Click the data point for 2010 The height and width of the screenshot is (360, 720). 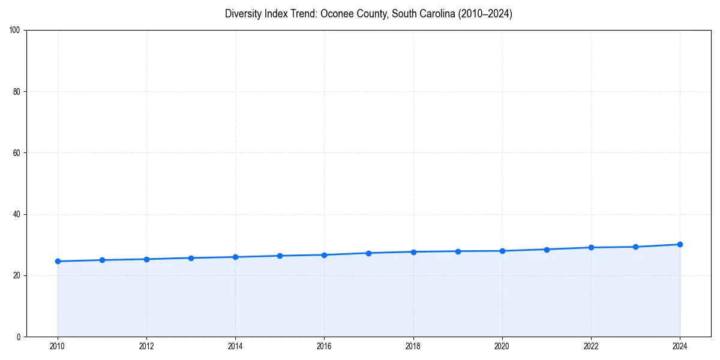click(x=58, y=261)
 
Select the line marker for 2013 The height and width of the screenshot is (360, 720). click(x=191, y=258)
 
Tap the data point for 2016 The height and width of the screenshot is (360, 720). click(x=324, y=255)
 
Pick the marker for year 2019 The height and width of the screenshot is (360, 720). click(x=458, y=251)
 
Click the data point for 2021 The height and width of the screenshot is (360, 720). click(x=547, y=250)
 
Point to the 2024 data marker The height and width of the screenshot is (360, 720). click(x=680, y=244)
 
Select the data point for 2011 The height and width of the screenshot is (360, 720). click(x=102, y=260)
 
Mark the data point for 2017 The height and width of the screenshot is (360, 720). click(x=368, y=253)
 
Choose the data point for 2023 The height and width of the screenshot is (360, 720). click(x=635, y=247)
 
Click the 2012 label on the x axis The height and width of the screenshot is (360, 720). click(x=146, y=346)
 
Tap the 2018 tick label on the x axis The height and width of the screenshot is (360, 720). click(x=413, y=346)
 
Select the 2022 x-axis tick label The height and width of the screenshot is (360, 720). click(x=591, y=346)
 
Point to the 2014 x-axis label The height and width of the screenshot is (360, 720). click(x=235, y=346)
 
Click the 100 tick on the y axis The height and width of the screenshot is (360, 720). click(x=16, y=31)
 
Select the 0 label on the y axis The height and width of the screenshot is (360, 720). click(x=19, y=337)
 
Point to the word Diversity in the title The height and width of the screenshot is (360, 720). click(x=244, y=14)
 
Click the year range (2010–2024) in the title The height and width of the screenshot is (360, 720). click(x=485, y=14)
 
